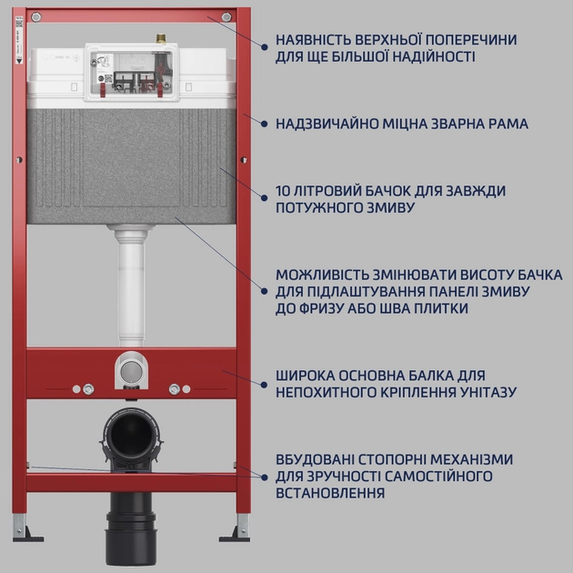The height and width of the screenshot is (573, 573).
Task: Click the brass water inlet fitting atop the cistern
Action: [x=161, y=38]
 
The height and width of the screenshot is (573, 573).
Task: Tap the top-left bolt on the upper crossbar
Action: [x=36, y=16]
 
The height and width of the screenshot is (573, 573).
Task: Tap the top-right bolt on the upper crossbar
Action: [x=226, y=16]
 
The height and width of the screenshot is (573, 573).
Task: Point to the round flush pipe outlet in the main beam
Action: [x=131, y=370]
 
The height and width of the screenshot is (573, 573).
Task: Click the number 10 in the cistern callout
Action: [x=283, y=191]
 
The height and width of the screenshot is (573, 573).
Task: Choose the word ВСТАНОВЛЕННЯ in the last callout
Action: [x=330, y=493]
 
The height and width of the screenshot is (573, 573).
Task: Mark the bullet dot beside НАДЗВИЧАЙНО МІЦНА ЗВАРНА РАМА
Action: [x=264, y=124]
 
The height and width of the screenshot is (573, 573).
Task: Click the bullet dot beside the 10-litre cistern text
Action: [x=264, y=197]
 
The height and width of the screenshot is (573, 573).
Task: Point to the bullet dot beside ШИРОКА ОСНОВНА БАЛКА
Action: [x=264, y=385]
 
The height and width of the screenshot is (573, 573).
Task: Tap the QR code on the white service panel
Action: [x=108, y=78]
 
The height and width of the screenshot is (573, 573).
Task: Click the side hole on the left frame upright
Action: [x=19, y=160]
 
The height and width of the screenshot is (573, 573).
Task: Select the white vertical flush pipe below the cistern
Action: [x=131, y=286]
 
